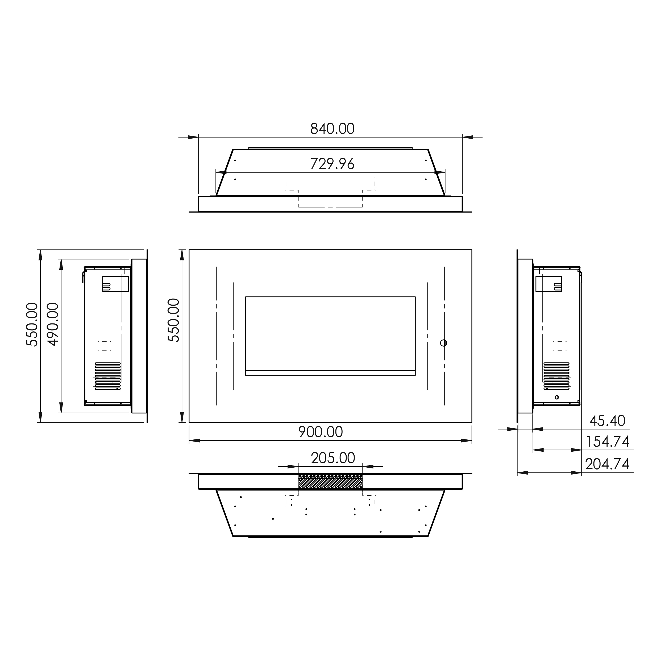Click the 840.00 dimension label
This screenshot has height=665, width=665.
(332, 129)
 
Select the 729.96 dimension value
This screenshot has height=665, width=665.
(332, 164)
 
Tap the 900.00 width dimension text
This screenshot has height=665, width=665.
(321, 432)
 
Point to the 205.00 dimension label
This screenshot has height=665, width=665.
(333, 458)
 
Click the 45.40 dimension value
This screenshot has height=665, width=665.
(607, 421)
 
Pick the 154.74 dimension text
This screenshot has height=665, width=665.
(608, 442)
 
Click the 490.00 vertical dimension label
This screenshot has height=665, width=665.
(53, 324)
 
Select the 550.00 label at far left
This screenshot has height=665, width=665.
(32, 324)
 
